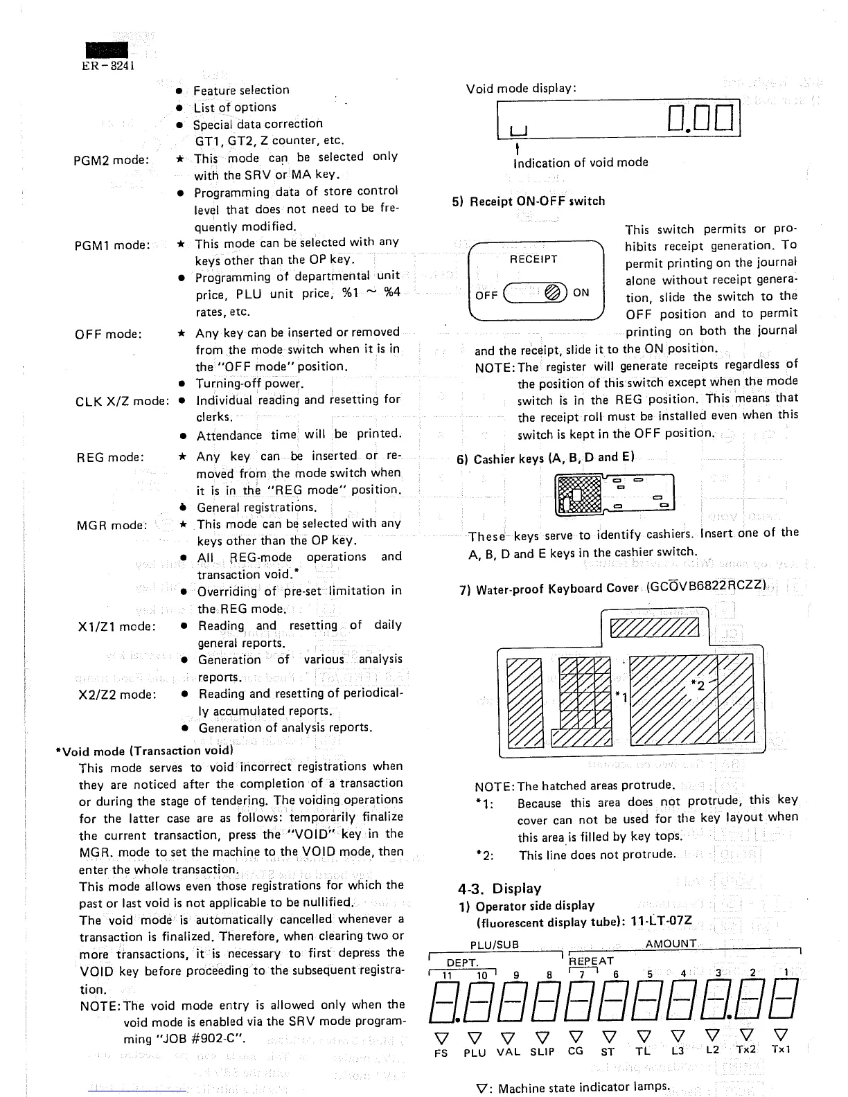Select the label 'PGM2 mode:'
point(111,160)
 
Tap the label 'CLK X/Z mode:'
point(122,402)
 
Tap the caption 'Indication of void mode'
point(581,163)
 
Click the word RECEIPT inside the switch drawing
point(533,259)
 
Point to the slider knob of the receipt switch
point(555,293)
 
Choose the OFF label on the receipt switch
point(486,294)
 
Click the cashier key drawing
point(615,494)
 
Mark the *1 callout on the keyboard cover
point(621,696)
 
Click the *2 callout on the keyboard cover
point(698,686)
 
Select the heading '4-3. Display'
point(499,889)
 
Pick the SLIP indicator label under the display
point(542,1052)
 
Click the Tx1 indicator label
point(781,1049)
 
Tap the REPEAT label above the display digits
point(591,961)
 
